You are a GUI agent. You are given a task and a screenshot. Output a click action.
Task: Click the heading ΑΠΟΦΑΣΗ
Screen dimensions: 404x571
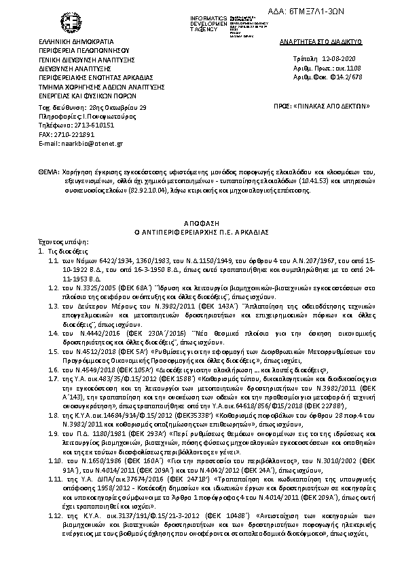(x=202, y=222)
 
